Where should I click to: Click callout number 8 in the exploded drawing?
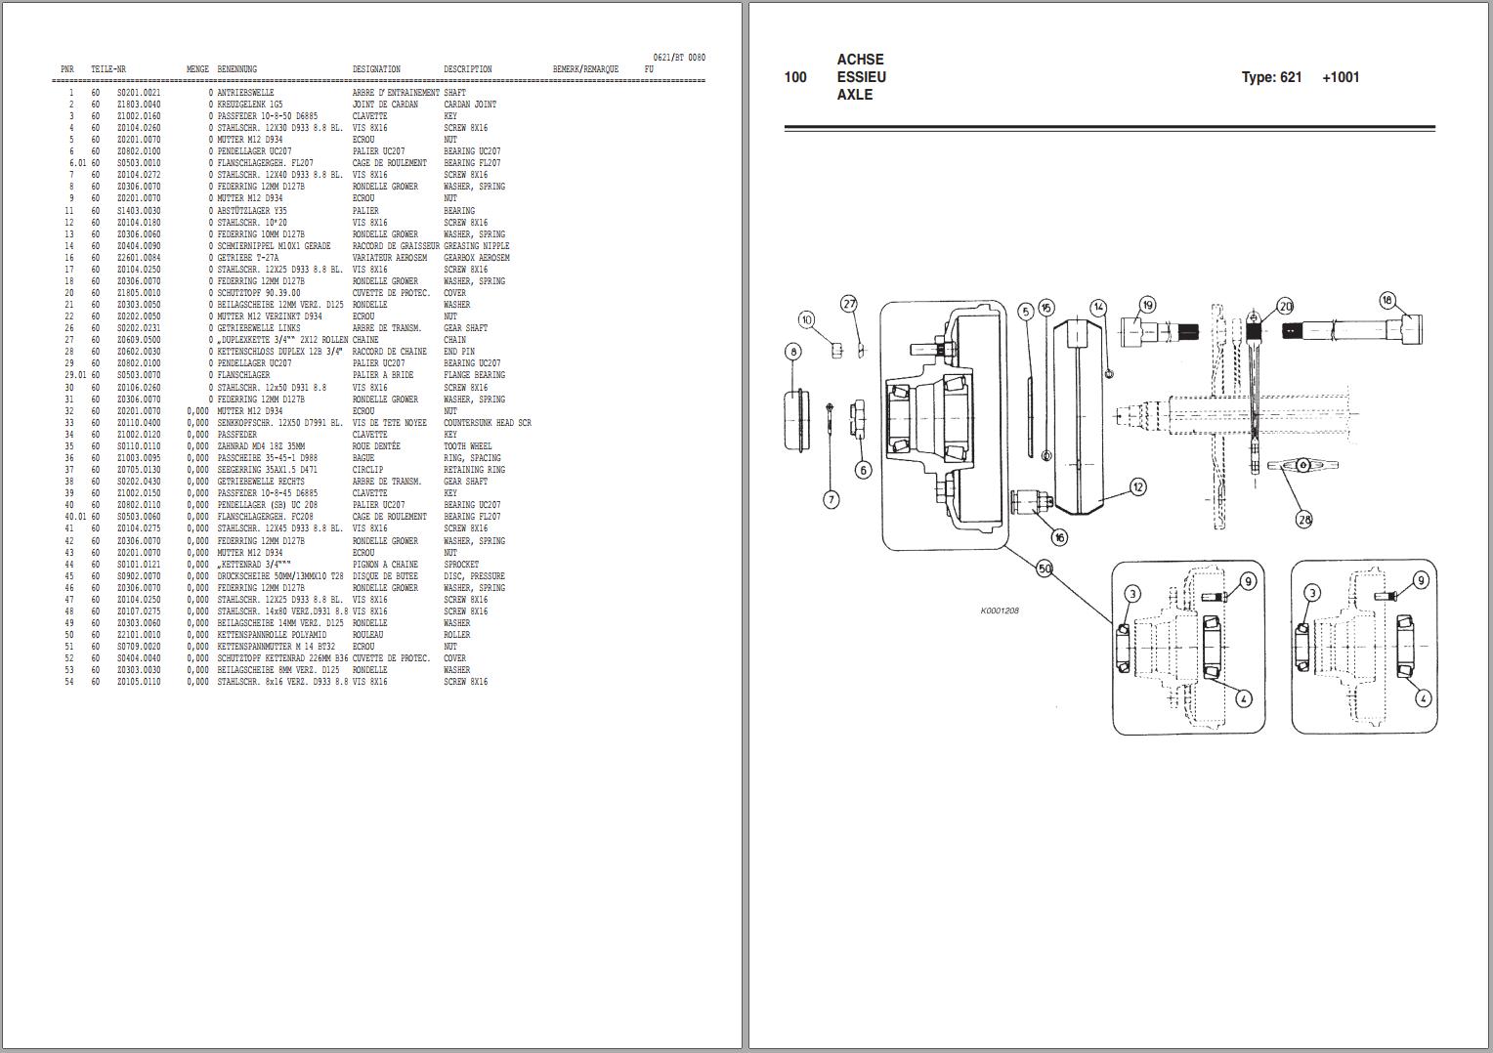click(792, 351)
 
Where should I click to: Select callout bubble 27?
click(849, 304)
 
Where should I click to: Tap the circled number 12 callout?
click(1137, 486)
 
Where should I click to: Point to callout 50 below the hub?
click(1045, 569)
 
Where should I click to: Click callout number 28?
click(1303, 519)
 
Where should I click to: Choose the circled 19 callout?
click(1147, 305)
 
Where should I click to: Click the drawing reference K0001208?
click(1000, 611)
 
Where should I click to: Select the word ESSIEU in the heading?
click(861, 77)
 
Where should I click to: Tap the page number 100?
click(795, 77)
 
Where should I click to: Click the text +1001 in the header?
click(1341, 77)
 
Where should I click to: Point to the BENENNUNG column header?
click(236, 69)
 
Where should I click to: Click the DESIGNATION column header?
click(376, 69)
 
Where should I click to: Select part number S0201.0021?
click(139, 93)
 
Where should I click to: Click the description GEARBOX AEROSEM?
click(476, 258)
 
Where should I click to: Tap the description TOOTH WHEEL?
click(467, 446)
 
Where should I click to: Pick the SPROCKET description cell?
click(461, 565)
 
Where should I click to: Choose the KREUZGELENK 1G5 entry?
click(249, 105)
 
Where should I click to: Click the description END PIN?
click(458, 352)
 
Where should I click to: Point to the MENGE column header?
click(197, 69)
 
